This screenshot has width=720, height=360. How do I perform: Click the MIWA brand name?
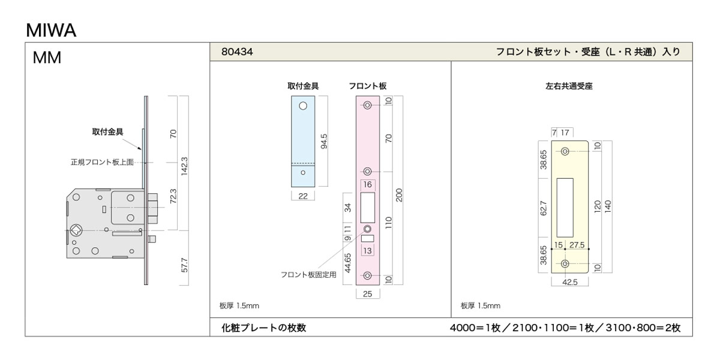(51, 31)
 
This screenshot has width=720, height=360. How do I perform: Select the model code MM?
(47, 58)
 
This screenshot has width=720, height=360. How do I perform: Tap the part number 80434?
(237, 52)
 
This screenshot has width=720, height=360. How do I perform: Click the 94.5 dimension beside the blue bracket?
(324, 142)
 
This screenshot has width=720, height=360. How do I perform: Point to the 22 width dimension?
(303, 196)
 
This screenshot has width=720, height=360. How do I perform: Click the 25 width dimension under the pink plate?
(367, 294)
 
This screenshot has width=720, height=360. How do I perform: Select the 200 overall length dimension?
(399, 195)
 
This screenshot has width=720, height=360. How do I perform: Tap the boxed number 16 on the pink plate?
(367, 185)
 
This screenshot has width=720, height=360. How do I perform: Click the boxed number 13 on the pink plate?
(367, 251)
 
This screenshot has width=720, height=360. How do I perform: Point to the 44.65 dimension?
(348, 263)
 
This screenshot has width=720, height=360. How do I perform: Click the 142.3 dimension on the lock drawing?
(184, 166)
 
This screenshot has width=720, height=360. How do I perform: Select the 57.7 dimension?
(184, 265)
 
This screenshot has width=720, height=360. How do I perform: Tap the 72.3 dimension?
(173, 196)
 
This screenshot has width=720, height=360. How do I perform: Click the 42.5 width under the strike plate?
(570, 282)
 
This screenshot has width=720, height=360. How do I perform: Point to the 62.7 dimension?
(543, 208)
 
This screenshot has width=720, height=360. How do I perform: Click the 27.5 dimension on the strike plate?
(577, 245)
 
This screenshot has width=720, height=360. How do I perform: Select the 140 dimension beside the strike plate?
(608, 206)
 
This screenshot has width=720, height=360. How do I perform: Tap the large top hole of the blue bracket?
(303, 106)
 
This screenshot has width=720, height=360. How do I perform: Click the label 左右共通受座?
(569, 86)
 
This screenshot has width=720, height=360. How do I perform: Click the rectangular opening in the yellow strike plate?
(565, 208)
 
